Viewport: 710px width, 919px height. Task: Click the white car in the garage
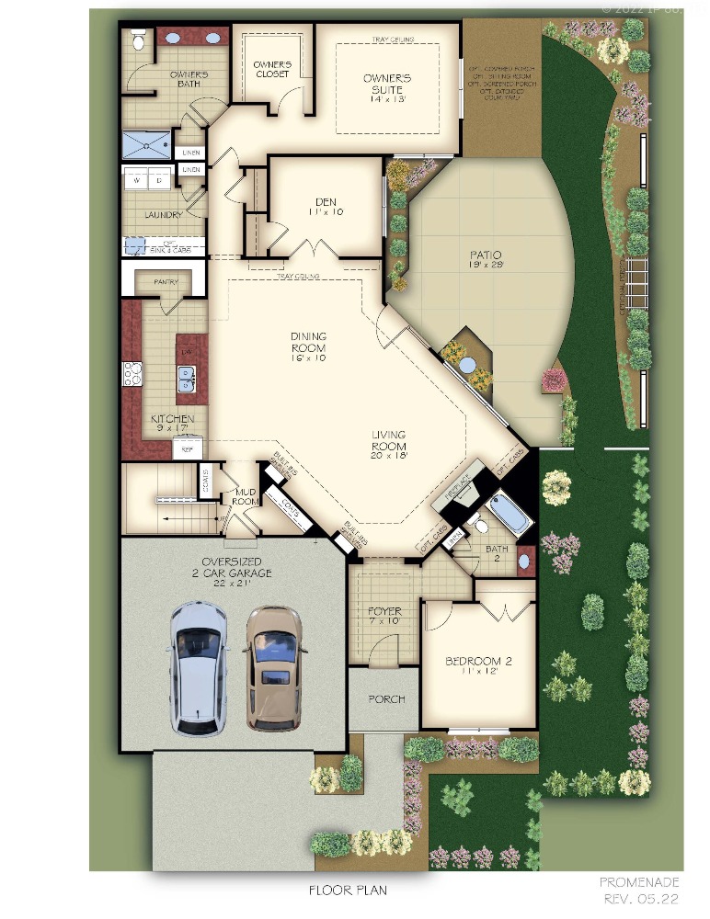pos(198,668)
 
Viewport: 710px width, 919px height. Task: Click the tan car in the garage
pos(273,666)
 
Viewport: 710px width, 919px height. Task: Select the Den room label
pos(326,206)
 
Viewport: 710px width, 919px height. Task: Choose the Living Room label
pos(389,445)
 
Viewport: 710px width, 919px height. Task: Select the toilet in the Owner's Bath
pos(138,40)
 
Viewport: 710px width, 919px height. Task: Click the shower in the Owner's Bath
pos(147,145)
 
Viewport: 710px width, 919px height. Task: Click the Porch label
pos(386,698)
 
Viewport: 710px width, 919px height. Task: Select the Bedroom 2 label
pos(478,666)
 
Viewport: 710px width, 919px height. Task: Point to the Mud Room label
pos(244,497)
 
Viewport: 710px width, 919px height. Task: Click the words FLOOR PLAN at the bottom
pos(347,890)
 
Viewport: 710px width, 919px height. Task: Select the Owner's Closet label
pos(272,69)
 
